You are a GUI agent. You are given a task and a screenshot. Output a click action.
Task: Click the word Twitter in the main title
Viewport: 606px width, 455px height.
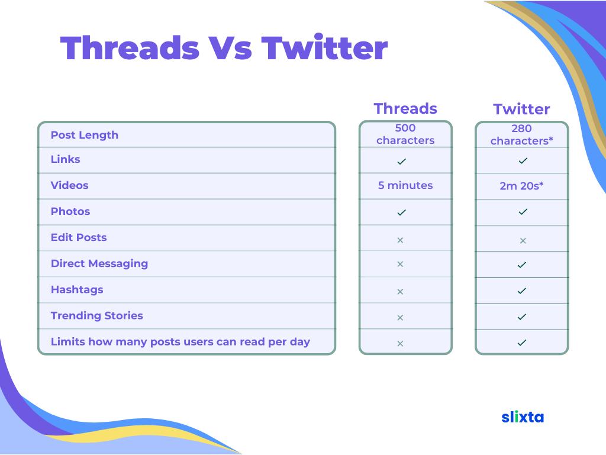[x=324, y=47]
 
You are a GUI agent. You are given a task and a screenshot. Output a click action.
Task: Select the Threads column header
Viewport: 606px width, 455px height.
[x=405, y=109]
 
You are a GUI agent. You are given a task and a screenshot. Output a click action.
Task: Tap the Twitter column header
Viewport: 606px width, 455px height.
[x=521, y=109]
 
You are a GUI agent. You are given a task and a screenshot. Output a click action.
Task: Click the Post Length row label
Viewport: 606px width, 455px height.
[x=84, y=135]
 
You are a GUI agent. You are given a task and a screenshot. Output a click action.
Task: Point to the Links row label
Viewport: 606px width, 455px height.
[x=65, y=159]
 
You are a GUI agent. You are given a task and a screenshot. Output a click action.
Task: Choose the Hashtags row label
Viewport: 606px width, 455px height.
[x=77, y=290]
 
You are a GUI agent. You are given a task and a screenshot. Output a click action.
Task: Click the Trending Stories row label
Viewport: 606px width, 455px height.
[x=96, y=316]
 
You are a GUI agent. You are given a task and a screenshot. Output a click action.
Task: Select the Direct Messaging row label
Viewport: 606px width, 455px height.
[x=99, y=264]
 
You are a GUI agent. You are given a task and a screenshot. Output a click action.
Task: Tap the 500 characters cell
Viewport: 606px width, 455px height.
[x=405, y=134]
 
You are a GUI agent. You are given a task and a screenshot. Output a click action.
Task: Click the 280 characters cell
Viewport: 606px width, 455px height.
[x=522, y=134]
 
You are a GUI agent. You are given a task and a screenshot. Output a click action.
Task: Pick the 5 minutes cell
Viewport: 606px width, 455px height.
[x=405, y=185]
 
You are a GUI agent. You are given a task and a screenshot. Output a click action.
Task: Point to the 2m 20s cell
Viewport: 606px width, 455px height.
[x=521, y=185]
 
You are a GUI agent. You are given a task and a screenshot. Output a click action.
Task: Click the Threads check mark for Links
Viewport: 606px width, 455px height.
[x=402, y=161]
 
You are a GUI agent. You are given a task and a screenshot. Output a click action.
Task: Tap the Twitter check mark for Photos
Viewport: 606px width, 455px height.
[x=523, y=212]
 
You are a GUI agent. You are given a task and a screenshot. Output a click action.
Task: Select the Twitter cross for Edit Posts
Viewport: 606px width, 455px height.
[x=523, y=241]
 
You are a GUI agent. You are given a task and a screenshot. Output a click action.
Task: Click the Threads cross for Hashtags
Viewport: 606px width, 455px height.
[x=400, y=291]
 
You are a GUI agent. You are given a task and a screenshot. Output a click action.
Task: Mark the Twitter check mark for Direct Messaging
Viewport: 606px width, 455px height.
[x=522, y=265]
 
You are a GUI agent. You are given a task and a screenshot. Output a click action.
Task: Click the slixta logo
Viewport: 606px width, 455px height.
[x=523, y=416]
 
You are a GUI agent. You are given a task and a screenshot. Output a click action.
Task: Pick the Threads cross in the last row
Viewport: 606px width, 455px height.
[x=400, y=344]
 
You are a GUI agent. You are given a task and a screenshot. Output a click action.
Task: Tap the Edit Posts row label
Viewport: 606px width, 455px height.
[x=79, y=238]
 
